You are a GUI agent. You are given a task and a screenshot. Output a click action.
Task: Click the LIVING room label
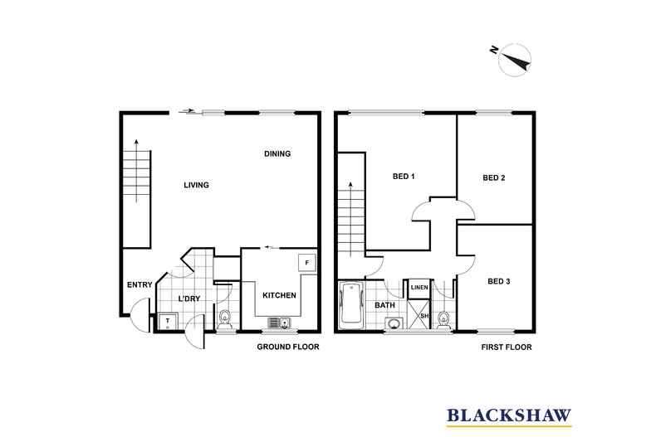tap(196, 185)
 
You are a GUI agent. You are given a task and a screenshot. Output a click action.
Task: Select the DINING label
tap(277, 154)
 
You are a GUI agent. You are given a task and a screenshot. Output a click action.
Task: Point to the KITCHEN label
tap(278, 295)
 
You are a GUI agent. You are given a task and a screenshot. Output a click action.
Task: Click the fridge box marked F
tap(306, 263)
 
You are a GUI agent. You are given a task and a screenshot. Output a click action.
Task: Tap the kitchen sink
tap(277, 323)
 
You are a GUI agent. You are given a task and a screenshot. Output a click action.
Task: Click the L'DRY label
tap(191, 299)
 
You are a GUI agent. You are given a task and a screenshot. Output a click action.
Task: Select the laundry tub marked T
tap(168, 321)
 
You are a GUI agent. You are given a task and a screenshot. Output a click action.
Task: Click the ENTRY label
tap(139, 285)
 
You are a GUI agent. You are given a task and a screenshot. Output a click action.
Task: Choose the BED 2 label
tap(494, 177)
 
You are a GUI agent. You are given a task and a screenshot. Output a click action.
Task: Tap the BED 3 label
tap(498, 281)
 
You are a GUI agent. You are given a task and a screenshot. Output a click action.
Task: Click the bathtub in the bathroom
tap(350, 303)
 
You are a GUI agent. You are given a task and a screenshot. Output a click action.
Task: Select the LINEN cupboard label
tap(419, 288)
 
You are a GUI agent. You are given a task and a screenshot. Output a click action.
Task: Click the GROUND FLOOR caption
tap(287, 347)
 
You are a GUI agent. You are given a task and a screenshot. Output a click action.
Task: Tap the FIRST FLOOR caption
tap(506, 347)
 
